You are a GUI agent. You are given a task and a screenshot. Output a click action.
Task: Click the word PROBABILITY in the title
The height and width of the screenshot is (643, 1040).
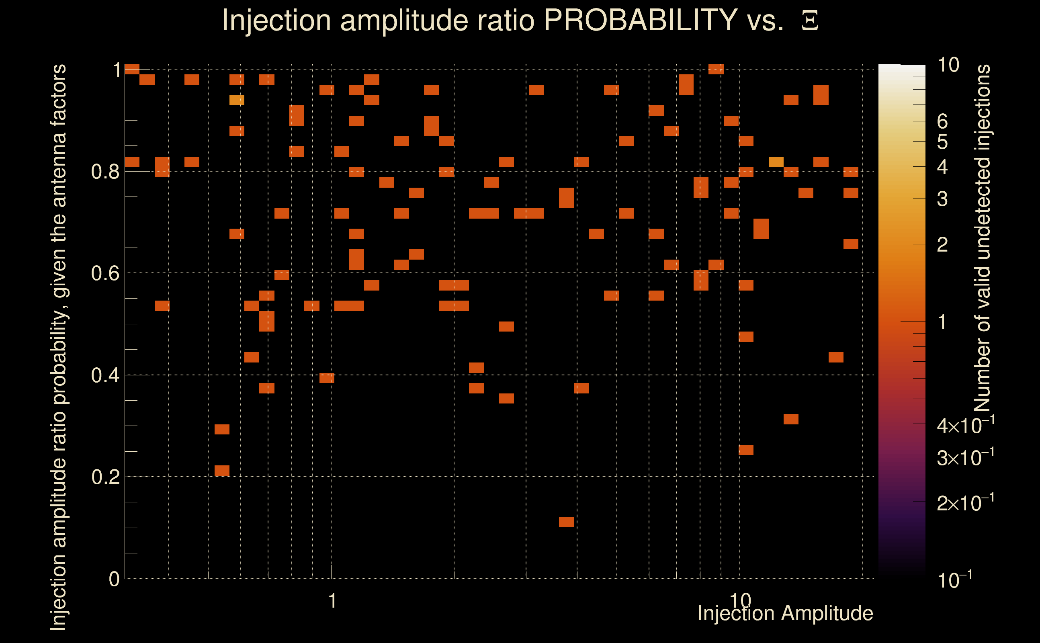coord(640,20)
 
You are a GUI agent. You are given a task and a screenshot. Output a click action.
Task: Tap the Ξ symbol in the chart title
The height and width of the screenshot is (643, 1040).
coord(810,20)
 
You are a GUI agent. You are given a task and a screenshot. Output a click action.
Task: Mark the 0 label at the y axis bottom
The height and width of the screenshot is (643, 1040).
coord(114,579)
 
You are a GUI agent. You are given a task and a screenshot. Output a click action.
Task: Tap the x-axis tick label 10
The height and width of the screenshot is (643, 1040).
coord(740,600)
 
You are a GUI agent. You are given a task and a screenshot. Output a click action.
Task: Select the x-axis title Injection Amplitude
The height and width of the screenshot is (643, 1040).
coord(785,613)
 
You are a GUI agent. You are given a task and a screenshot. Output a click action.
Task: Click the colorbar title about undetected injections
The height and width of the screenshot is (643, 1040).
coord(982,238)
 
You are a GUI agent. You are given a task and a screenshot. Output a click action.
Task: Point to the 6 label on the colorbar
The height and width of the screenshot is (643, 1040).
coord(942,122)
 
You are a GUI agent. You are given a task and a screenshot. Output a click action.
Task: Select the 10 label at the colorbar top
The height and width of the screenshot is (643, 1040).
coord(948,65)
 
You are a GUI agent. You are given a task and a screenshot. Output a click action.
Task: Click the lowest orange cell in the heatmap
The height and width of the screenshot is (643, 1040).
coord(566,522)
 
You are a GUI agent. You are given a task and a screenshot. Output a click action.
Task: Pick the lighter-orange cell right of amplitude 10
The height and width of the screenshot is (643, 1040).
coord(776,162)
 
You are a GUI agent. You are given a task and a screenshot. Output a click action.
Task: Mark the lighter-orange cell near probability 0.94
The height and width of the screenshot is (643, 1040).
coord(237,100)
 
